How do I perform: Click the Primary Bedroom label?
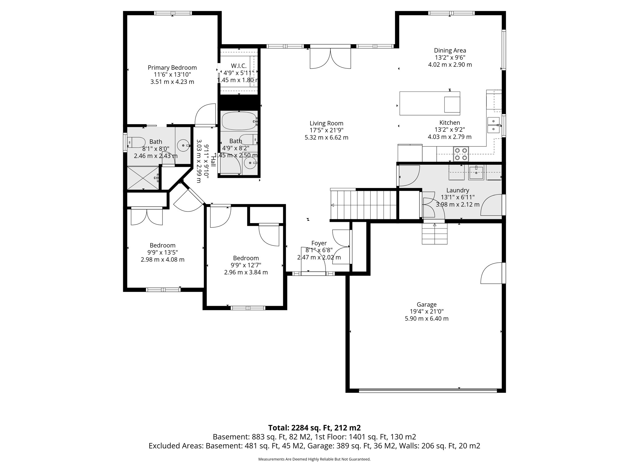click(x=172, y=68)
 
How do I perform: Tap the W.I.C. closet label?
click(x=239, y=66)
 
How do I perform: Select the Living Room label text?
click(x=326, y=123)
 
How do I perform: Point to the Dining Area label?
click(x=450, y=50)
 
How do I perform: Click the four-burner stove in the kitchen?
click(x=461, y=154)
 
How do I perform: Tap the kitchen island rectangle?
click(x=429, y=103)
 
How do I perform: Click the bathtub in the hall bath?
click(x=239, y=121)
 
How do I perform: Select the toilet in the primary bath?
click(x=136, y=142)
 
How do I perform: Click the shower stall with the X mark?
click(x=143, y=178)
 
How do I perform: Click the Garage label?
click(x=426, y=305)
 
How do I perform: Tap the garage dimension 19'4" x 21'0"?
click(x=426, y=312)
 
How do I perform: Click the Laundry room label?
click(x=457, y=190)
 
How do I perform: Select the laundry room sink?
click(x=476, y=172)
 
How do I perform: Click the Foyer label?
click(x=319, y=243)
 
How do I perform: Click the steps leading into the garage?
click(x=434, y=234)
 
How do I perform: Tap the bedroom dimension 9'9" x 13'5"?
click(x=162, y=252)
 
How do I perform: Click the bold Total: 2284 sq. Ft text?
click(x=314, y=428)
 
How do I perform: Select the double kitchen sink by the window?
click(x=493, y=125)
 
